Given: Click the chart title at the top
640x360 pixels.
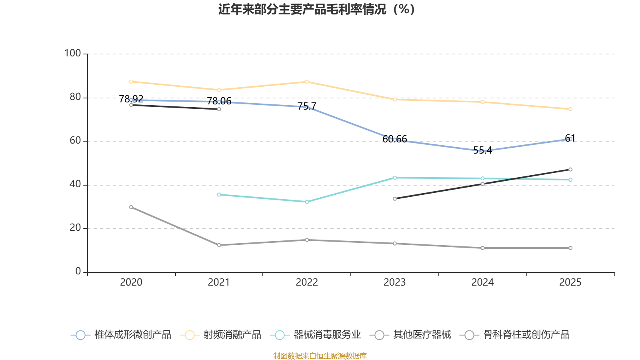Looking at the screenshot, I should pos(316,9).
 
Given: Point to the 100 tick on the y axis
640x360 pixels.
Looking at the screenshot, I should pos(73,53).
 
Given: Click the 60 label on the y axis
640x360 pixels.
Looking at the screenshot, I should pos(75,140).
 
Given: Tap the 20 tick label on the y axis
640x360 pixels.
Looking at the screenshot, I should pos(75,228).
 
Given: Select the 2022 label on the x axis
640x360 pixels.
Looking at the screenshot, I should pos(307,282).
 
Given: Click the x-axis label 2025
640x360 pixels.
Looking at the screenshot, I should pos(570,282).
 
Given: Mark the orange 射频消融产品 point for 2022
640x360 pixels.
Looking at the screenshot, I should pos(307,82).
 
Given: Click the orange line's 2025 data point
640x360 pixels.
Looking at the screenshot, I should pos(570,109).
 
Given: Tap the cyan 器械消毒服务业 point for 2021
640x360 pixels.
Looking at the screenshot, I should pos(219,195).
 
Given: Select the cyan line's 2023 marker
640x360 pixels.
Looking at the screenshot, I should pos(395,178).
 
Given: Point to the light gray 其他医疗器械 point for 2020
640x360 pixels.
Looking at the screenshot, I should pos(131,207).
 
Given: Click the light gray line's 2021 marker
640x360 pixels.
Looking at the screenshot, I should pos(219,245).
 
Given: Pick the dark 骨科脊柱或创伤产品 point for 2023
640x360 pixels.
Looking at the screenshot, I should pos(395,199).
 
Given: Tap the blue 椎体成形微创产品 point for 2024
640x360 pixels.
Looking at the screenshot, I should pos(482,151).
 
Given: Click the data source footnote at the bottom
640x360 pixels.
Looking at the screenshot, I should pos(320,356).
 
